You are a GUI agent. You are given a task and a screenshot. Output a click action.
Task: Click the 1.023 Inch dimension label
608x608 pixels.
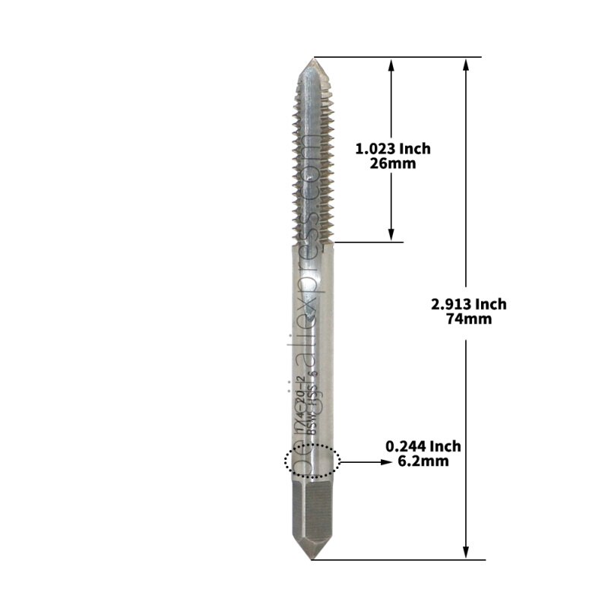pyautogui.click(x=392, y=149)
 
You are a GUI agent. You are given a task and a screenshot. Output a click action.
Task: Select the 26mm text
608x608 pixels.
pyautogui.click(x=392, y=163)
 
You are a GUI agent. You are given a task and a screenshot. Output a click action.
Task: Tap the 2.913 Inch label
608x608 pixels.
pyautogui.click(x=468, y=304)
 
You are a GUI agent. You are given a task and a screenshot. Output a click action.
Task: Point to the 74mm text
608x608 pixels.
pyautogui.click(x=468, y=318)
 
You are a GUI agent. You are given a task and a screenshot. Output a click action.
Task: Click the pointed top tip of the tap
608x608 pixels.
pyautogui.click(x=311, y=59)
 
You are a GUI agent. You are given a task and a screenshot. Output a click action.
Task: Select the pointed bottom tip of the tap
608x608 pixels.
pyautogui.click(x=311, y=559)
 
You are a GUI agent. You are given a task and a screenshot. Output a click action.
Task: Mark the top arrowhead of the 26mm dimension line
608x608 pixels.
pyautogui.click(x=391, y=65)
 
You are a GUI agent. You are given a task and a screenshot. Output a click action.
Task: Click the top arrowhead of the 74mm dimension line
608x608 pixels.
pyautogui.click(x=466, y=64)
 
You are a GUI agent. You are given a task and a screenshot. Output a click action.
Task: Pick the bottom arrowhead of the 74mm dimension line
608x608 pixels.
pyautogui.click(x=466, y=553)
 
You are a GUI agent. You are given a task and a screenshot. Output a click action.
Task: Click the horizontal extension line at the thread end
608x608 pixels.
pyautogui.click(x=369, y=242)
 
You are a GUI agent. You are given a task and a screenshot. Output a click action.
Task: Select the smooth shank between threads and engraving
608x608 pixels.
pyautogui.click(x=312, y=304)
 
